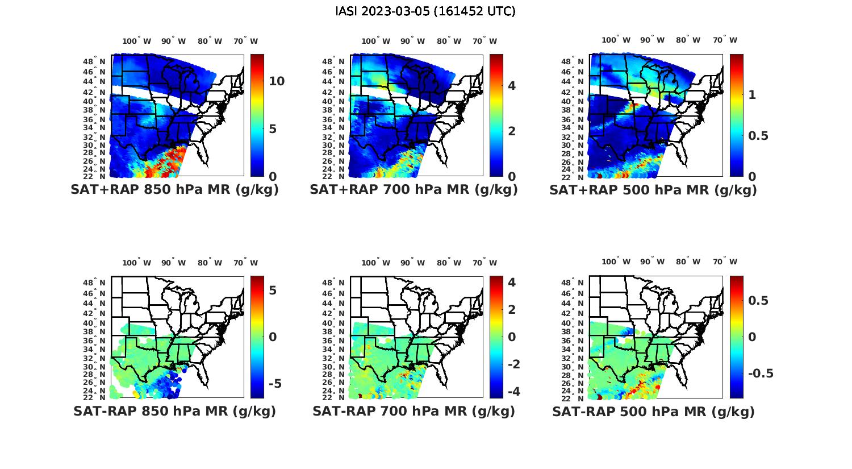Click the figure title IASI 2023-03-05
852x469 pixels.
click(x=425, y=11)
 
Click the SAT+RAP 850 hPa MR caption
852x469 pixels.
click(x=174, y=190)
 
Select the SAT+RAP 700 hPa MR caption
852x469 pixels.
click(x=414, y=190)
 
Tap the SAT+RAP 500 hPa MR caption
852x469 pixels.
click(x=653, y=190)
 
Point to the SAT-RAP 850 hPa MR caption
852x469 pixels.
click(x=174, y=411)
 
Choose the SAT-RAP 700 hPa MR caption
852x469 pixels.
click(x=414, y=411)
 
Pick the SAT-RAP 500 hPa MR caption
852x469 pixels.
click(x=653, y=411)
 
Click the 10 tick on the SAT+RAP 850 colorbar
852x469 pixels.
click(x=277, y=81)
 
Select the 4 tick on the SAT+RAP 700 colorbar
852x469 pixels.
click(x=512, y=85)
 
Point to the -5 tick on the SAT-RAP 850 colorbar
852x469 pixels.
click(x=274, y=384)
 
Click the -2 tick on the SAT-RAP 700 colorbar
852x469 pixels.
click(x=512, y=364)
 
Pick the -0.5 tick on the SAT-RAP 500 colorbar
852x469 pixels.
click(x=761, y=373)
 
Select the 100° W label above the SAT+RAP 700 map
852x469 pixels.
click(x=375, y=41)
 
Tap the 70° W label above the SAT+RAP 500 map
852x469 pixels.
click(x=725, y=40)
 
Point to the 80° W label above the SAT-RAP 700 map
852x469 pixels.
click(x=449, y=263)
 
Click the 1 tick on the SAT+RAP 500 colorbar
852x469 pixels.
click(x=753, y=95)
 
